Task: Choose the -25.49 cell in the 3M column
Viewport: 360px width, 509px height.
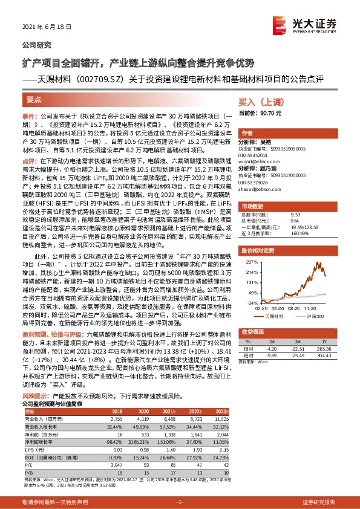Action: (x=309, y=356)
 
